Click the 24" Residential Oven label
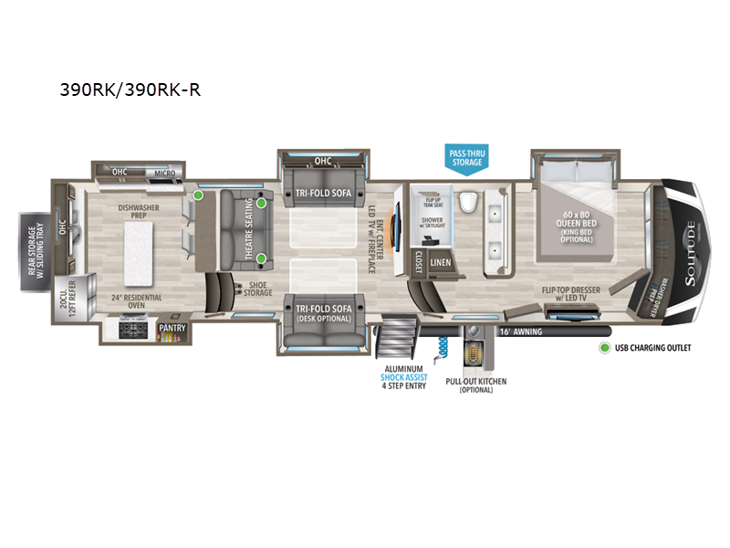(x=136, y=302)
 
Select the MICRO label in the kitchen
(x=164, y=172)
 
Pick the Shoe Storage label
(x=257, y=289)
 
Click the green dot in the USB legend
(x=603, y=348)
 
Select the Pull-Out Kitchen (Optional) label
(x=475, y=385)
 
